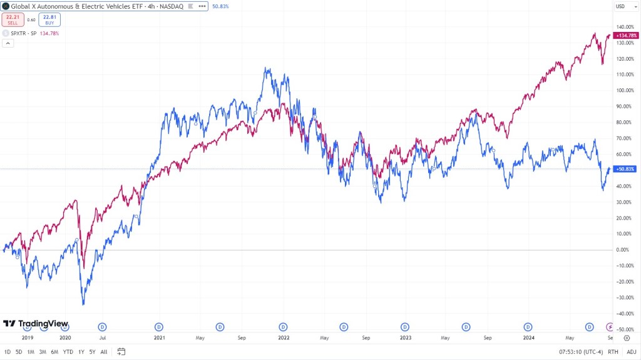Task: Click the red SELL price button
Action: pos(13,19)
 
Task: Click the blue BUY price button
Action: pos(49,19)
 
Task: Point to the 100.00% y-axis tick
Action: pos(624,90)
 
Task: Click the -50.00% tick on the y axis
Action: pos(624,329)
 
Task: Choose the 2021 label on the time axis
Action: pos(160,337)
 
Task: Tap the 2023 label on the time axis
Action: pos(406,337)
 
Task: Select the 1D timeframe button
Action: pos(8,352)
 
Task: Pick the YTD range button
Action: pos(68,352)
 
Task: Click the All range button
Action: pos(103,352)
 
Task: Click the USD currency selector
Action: pos(620,6)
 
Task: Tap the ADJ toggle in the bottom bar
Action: pos(631,352)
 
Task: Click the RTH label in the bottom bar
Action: pos(613,352)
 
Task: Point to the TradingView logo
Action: pos(36,324)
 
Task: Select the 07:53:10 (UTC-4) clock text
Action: pos(580,352)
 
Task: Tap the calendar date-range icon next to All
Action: pos(121,352)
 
